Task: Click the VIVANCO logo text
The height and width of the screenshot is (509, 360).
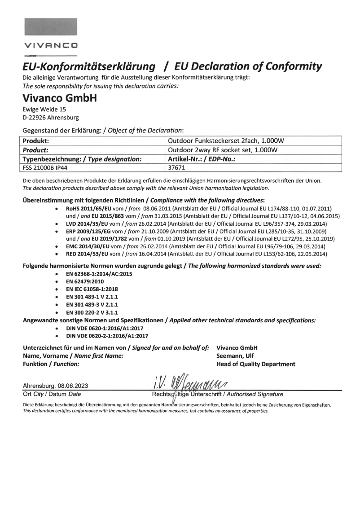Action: click(51, 45)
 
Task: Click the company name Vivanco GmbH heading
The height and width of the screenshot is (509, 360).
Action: click(59, 97)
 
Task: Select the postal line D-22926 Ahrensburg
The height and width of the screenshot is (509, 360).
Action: click(50, 118)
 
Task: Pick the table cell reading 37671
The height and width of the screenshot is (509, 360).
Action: click(176, 168)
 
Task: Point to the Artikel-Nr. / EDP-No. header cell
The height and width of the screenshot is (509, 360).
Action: click(202, 159)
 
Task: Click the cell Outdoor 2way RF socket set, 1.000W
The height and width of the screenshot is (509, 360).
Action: click(223, 150)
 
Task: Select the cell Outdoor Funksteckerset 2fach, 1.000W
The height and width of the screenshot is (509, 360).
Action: click(226, 141)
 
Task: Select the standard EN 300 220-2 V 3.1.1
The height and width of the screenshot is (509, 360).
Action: click(95, 312)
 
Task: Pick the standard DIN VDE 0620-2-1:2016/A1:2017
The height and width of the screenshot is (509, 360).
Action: click(107, 335)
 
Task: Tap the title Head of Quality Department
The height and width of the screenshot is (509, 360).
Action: click(255, 364)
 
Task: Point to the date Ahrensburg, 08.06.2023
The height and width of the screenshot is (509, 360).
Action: click(56, 386)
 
